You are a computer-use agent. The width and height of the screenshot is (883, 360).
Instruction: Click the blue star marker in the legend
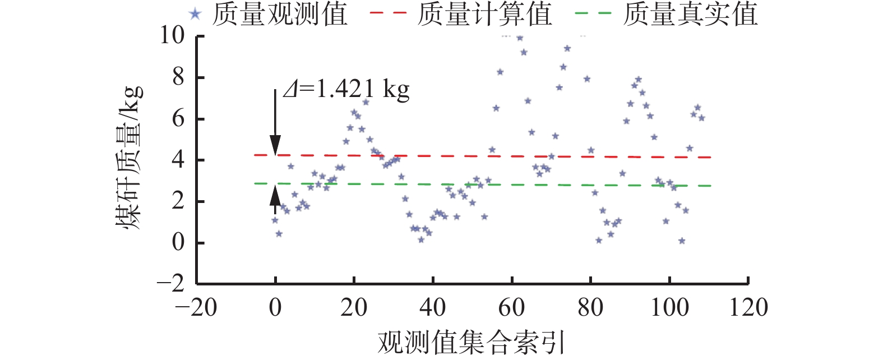(x=195, y=14)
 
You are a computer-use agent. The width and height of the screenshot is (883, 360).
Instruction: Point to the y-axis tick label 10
(x=172, y=36)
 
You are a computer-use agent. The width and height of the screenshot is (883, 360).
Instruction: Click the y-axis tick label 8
(x=178, y=77)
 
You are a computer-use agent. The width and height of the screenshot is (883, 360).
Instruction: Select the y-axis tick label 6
(x=178, y=119)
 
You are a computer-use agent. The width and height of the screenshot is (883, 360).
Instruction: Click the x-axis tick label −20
(x=196, y=307)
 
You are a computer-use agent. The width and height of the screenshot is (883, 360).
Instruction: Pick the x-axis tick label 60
(x=511, y=307)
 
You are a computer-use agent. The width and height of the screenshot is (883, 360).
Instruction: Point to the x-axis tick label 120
(x=748, y=307)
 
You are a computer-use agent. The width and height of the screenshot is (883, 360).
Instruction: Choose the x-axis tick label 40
(x=433, y=307)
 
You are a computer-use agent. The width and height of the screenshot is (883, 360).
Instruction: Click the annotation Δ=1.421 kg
(x=346, y=90)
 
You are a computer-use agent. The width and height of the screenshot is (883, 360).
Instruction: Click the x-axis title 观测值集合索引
(x=471, y=341)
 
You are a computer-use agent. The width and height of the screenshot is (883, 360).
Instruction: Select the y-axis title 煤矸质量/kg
(x=130, y=159)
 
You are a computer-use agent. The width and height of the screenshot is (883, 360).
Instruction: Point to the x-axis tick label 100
(x=669, y=307)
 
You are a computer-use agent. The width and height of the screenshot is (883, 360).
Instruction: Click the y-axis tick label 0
(x=178, y=242)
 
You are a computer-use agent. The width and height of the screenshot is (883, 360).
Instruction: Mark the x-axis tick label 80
(x=590, y=307)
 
